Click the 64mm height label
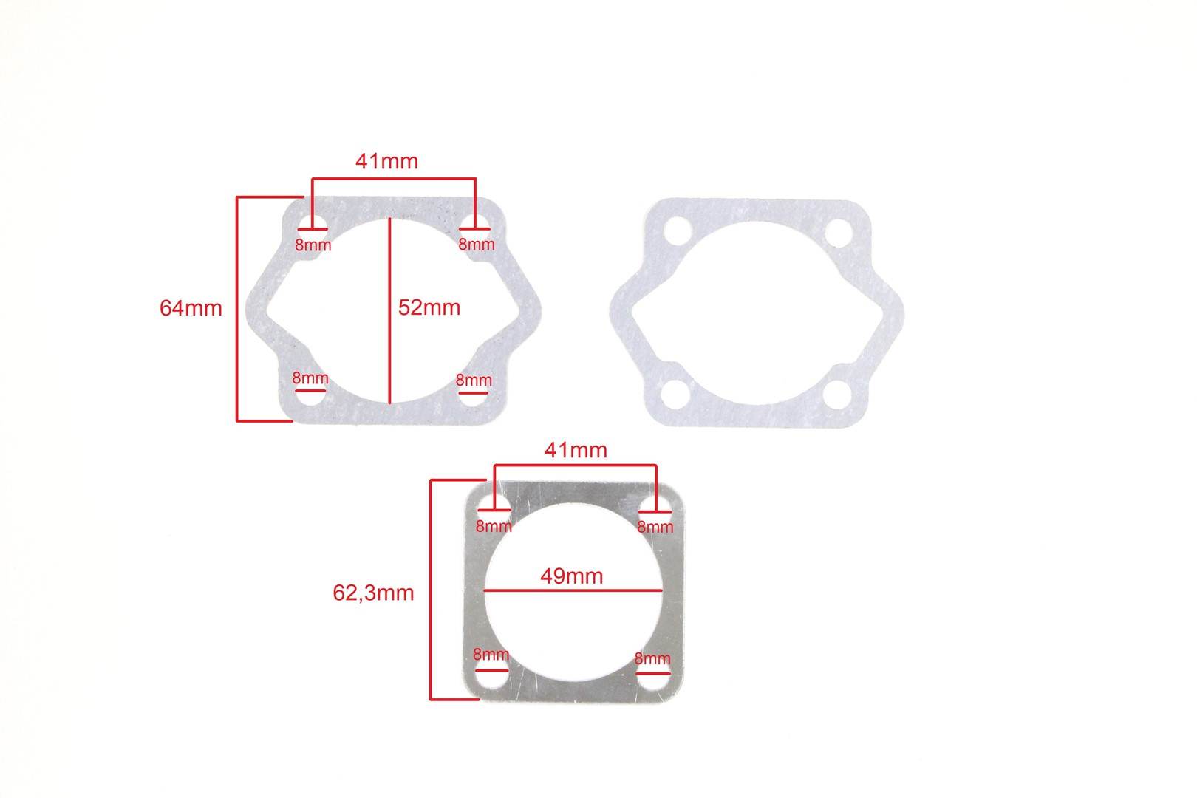[191, 308]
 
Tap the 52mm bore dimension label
[429, 307]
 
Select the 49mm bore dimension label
[572, 576]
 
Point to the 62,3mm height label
[373, 593]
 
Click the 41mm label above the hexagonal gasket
[387, 161]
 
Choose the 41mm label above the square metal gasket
[576, 451]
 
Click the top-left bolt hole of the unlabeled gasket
[678, 231]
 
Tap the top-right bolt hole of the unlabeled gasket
[839, 233]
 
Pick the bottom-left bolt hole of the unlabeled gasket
[675, 394]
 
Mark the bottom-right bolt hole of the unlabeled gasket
[837, 395]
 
